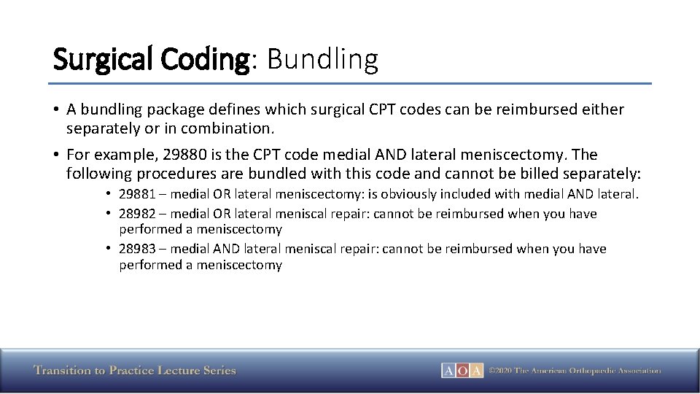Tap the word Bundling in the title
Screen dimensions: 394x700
(322, 59)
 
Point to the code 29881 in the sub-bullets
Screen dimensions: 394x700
(137, 194)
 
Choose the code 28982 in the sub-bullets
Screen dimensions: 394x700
(137, 214)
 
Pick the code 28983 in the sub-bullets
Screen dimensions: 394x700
(137, 249)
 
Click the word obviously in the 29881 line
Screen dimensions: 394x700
(420, 194)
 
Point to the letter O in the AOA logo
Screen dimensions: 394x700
(462, 371)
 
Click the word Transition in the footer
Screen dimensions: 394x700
(61, 371)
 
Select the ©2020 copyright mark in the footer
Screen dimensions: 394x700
(500, 371)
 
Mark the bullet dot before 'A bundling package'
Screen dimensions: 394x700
(55, 110)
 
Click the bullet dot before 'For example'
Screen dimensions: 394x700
(55, 155)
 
